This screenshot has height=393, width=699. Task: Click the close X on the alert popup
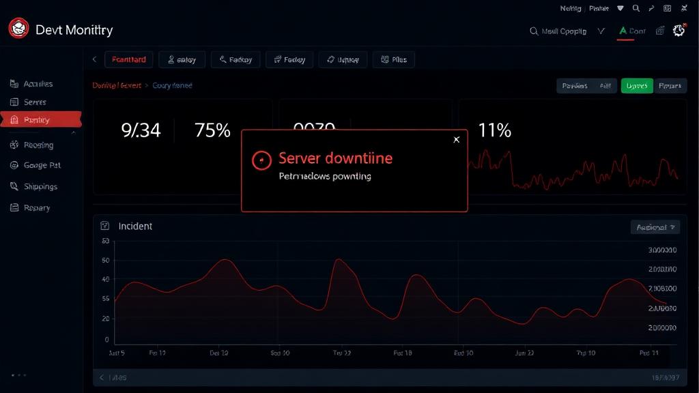(457, 140)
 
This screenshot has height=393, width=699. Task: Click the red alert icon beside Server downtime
(261, 160)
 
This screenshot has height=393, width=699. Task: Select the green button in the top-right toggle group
(636, 86)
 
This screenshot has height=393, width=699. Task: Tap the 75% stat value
(212, 130)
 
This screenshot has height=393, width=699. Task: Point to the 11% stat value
(494, 130)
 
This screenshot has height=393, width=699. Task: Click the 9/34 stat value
(141, 130)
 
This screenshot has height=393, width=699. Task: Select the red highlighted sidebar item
(41, 120)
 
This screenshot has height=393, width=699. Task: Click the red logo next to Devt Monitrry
(18, 29)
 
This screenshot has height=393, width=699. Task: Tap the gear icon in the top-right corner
(679, 31)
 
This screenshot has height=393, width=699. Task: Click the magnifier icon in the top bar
(636, 9)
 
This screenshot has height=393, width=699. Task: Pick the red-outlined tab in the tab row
(128, 60)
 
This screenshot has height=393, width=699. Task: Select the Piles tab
(394, 60)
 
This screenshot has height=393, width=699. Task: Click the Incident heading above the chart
(135, 226)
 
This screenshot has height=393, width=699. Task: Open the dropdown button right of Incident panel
(655, 227)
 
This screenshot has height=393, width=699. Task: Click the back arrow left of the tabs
(94, 60)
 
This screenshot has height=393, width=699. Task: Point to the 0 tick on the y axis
(106, 339)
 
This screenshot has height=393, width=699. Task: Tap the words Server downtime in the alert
(335, 159)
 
